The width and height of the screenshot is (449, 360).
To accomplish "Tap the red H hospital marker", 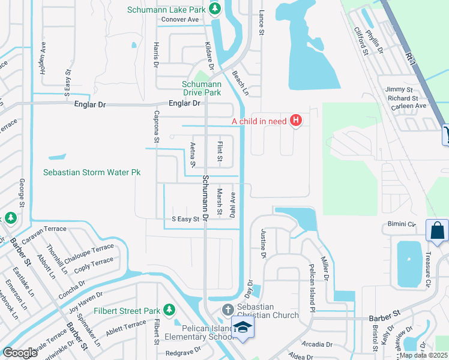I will coord(295,121).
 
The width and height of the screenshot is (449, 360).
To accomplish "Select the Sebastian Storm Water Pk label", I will coord(92,172).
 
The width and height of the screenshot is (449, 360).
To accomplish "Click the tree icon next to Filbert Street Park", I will coord(169,310).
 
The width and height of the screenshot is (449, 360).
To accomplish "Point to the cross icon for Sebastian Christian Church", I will coord(228,310).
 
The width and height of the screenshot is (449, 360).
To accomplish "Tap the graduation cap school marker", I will coord(243,327).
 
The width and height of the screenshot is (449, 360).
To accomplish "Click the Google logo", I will coord(20,353).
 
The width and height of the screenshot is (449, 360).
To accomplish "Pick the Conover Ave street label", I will coord(179,19).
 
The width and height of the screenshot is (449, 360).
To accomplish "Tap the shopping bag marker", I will coord(437,230).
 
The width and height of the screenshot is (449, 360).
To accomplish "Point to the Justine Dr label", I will coord(263,244).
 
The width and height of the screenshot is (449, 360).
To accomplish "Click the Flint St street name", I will coord(220,152).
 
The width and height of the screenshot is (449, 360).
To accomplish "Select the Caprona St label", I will coord(156,127).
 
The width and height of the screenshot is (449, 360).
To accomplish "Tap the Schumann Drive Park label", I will coord(202,88).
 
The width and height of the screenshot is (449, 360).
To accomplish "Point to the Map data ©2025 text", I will coord(423,355).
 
